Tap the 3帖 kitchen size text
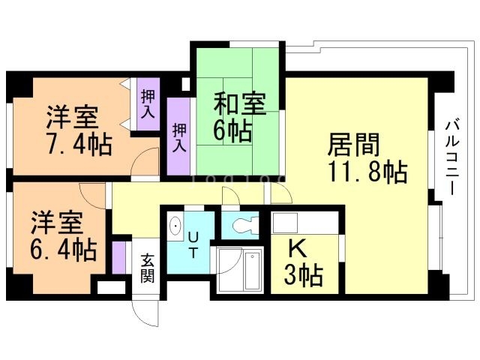pyautogui.click(x=303, y=276)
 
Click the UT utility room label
pyautogui.click(x=193, y=244)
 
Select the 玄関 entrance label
pyautogui.click(x=147, y=268)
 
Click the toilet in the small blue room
pyautogui.click(x=244, y=223)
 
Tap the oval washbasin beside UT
pyautogui.click(x=176, y=225)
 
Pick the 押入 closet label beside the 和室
pyautogui.click(x=178, y=137)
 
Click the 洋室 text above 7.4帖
pyautogui.click(x=73, y=118)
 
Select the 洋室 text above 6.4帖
pyautogui.click(x=56, y=223)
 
